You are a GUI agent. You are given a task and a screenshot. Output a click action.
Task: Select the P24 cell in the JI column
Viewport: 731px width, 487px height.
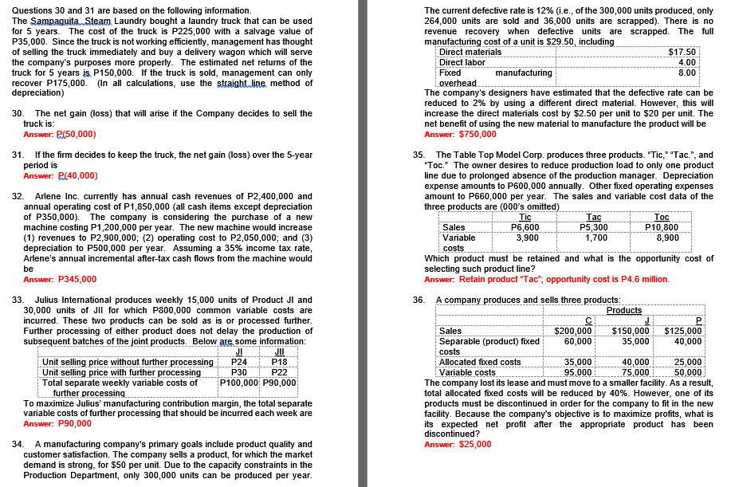(239, 362)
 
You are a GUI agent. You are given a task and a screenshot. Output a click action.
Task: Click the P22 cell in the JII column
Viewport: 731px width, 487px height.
(279, 372)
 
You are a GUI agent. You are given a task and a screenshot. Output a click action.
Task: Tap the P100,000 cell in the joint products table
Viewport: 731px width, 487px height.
(239, 383)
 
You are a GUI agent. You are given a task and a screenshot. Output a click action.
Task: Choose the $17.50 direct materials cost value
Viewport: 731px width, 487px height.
(682, 52)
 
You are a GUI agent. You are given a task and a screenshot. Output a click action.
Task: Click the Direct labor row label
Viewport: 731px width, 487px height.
(462, 62)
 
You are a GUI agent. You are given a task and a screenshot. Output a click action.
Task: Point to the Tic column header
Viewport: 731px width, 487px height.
(525, 217)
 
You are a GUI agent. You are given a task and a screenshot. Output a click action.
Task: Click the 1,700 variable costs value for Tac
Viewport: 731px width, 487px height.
(596, 238)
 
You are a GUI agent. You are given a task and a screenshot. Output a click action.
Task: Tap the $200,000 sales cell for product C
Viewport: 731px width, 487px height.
(574, 331)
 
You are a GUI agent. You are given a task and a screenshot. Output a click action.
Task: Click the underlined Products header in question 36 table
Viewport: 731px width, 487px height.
(623, 310)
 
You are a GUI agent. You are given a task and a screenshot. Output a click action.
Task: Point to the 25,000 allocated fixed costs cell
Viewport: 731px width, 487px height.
(688, 362)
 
